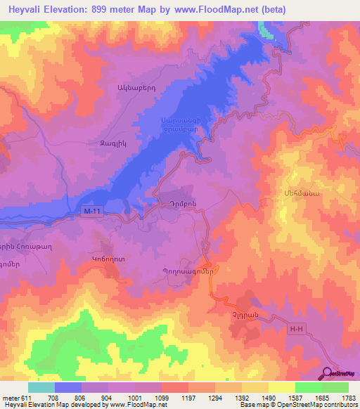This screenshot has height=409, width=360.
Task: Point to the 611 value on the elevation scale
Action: [20, 398]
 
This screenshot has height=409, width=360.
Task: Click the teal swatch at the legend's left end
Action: [41, 387]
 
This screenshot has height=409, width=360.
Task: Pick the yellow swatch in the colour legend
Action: [281, 387]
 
